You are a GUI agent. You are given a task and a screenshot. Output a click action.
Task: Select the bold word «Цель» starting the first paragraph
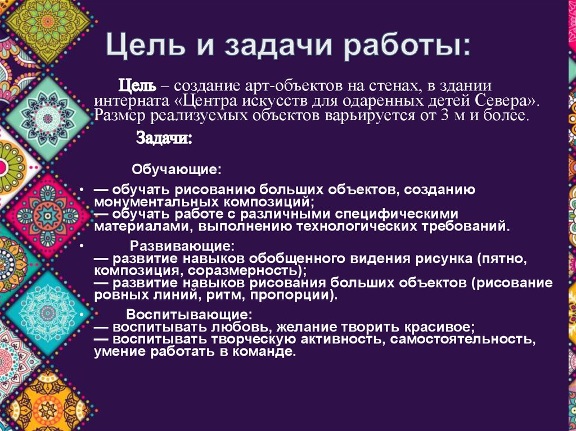(x=136, y=87)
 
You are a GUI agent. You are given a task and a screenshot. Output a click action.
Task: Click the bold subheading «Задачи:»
(x=164, y=138)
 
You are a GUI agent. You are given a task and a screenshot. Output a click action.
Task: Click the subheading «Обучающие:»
(x=176, y=169)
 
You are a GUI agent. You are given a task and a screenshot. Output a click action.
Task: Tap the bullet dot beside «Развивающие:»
(x=82, y=247)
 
